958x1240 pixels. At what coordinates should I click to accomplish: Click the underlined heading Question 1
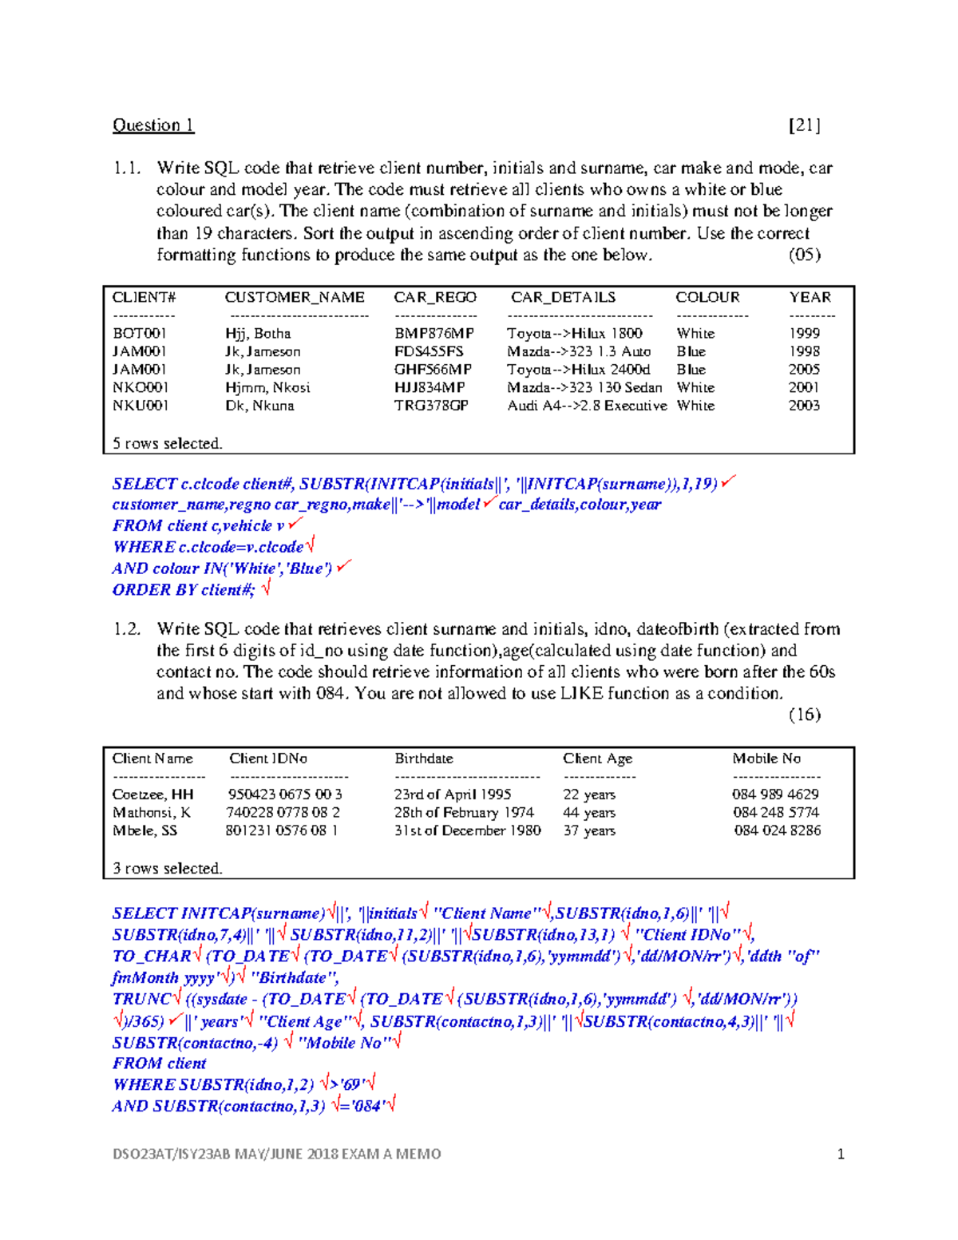153,125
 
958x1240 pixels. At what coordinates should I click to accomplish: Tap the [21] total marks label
804,125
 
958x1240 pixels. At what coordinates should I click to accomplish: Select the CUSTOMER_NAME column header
295,297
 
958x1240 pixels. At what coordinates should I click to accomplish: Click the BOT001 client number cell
140,334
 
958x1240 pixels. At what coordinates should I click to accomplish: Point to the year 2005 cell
804,370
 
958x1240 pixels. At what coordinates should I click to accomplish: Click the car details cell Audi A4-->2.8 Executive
587,406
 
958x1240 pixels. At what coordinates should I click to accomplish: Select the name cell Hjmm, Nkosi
267,388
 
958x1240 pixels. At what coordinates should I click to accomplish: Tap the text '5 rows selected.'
168,443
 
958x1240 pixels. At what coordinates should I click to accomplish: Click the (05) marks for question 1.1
804,255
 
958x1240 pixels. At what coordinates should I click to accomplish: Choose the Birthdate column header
424,759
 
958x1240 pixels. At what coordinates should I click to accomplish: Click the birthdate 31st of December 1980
467,830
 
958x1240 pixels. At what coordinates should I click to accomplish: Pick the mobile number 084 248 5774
776,813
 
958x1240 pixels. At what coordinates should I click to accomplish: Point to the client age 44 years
589,813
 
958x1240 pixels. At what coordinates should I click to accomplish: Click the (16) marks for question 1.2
804,715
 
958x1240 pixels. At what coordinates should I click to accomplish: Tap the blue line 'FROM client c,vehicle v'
199,526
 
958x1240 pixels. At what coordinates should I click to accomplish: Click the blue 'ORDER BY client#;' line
184,590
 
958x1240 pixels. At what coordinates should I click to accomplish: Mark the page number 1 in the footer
841,1154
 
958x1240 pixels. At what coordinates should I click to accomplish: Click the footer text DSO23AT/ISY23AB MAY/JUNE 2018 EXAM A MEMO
276,1154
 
